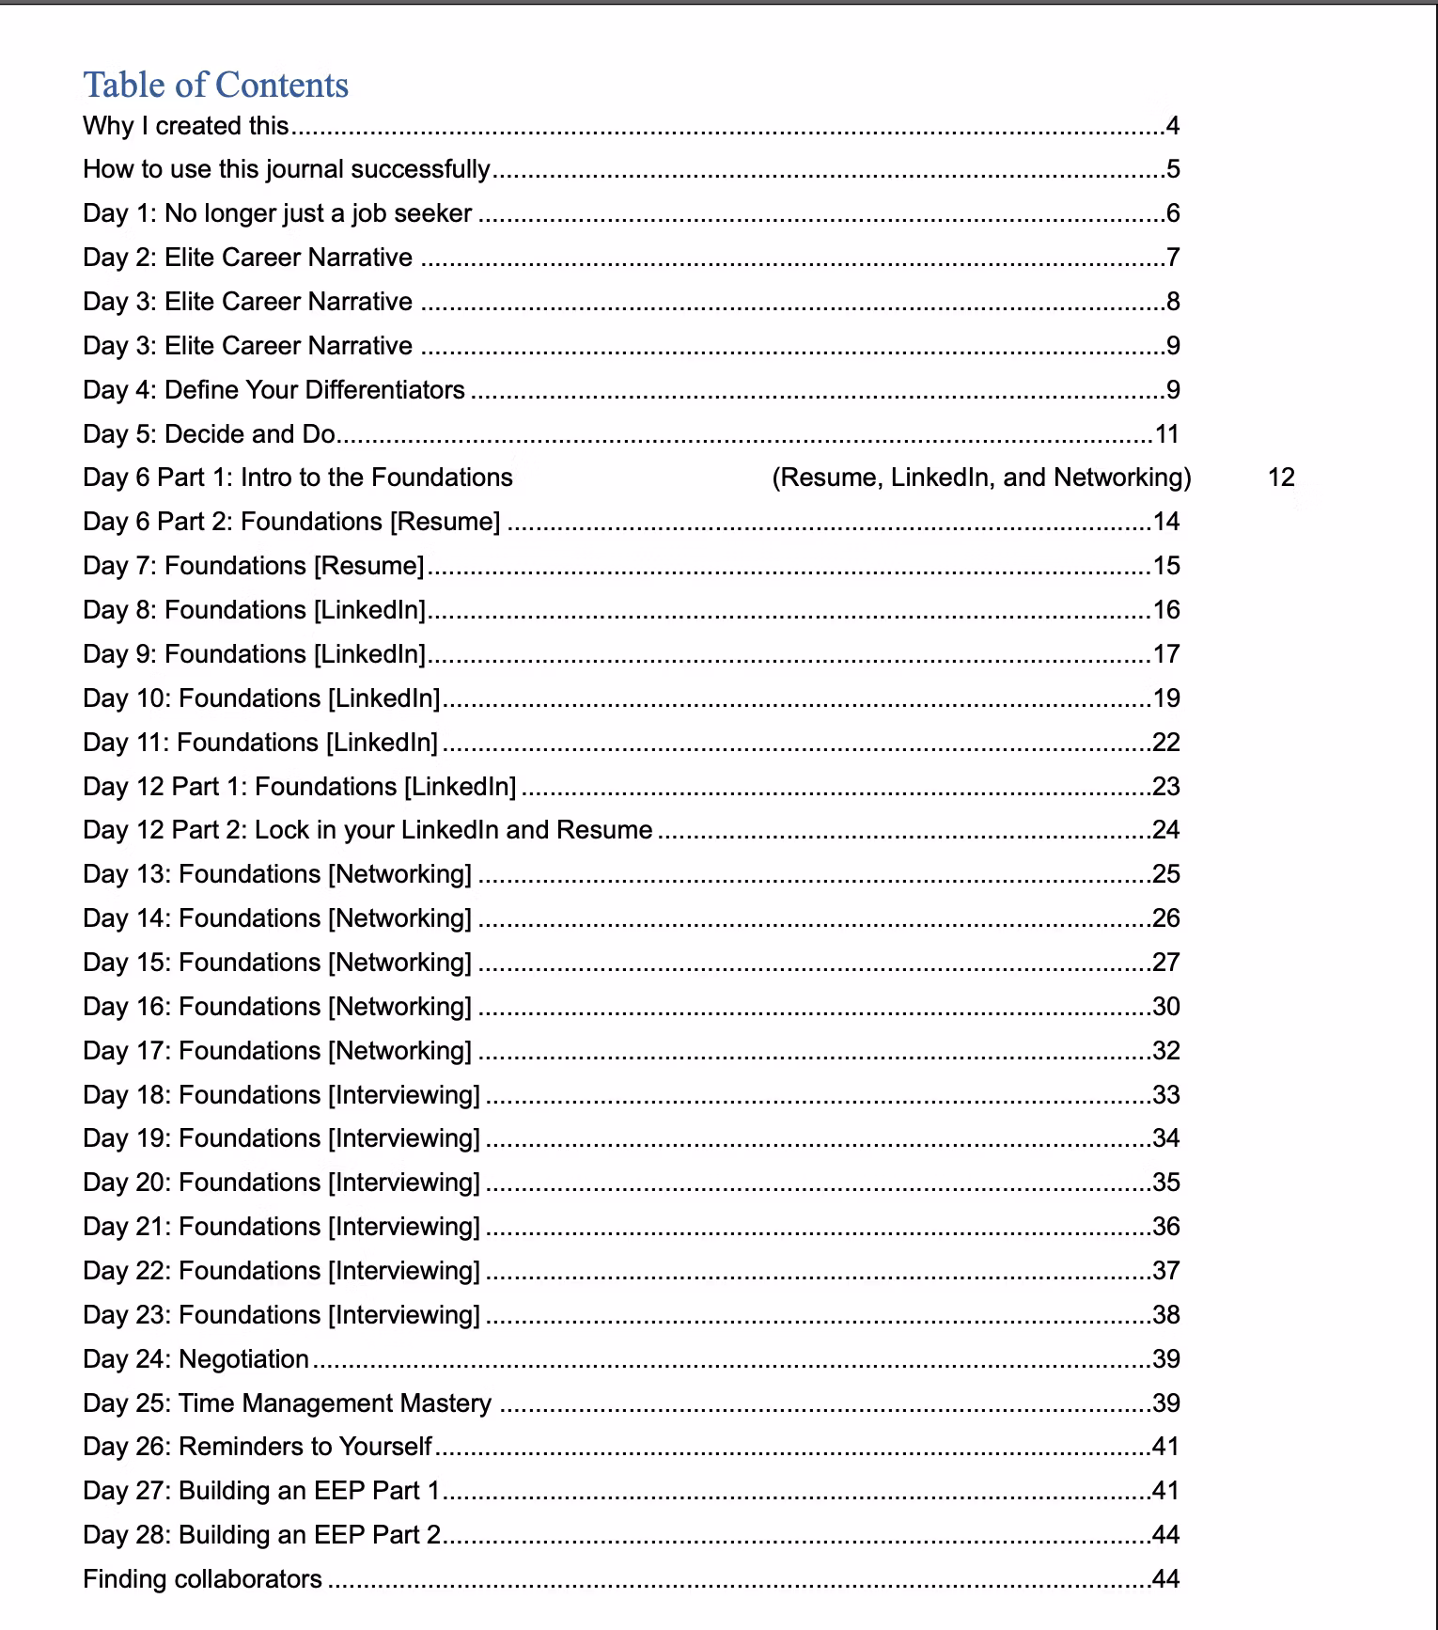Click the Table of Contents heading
click(x=215, y=85)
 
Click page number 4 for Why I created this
click(x=1172, y=126)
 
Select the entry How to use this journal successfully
click(x=287, y=169)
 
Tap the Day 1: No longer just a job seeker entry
click(x=277, y=213)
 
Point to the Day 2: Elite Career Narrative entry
click(x=247, y=258)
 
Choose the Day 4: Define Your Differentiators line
click(x=274, y=390)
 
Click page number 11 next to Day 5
click(x=1166, y=434)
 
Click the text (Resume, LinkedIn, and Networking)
click(x=981, y=478)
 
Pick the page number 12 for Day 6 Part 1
click(x=1281, y=478)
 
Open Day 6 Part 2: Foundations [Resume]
click(x=291, y=522)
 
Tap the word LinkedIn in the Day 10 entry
click(x=383, y=698)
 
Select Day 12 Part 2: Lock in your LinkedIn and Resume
click(x=367, y=830)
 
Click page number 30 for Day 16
click(x=1166, y=1007)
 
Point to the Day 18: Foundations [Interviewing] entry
click(x=281, y=1095)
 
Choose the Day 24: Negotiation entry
click(x=195, y=1359)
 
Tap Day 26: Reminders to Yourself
click(x=257, y=1447)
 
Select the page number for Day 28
click(x=1166, y=1535)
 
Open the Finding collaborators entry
click(x=202, y=1579)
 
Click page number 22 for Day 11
click(x=1166, y=743)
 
